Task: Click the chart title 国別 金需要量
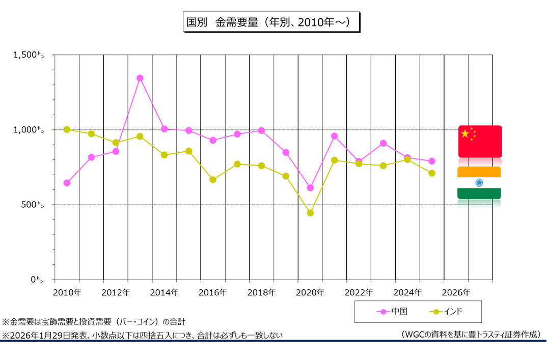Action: coord(271,22)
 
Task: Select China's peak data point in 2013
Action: coord(140,78)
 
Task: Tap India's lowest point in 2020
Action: coord(310,213)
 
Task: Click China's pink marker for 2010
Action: coord(67,183)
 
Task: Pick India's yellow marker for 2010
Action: coord(67,129)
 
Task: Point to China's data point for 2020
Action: coord(310,188)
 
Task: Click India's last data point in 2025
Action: coord(432,173)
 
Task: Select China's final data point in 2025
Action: coord(432,161)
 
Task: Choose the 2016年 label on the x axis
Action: coord(213,293)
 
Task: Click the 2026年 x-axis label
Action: coord(456,293)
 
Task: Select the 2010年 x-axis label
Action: coord(67,293)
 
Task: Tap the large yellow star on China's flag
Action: coord(465,133)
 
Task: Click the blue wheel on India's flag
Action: coord(479,182)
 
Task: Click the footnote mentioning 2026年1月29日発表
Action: coord(143,335)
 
